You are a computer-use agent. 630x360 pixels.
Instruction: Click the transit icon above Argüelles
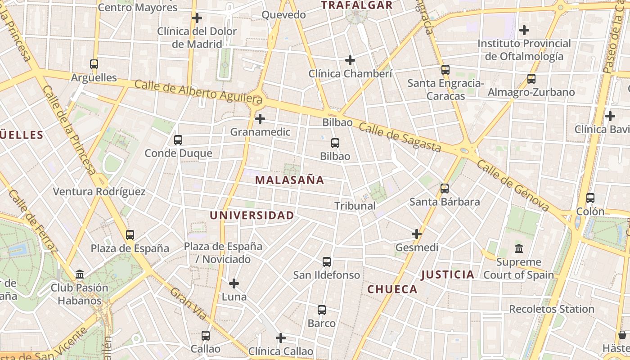(x=94, y=64)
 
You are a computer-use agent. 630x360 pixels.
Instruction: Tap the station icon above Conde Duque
(x=178, y=140)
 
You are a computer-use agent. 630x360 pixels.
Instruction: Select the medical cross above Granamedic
(x=260, y=119)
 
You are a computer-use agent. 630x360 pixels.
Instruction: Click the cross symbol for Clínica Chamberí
(x=350, y=60)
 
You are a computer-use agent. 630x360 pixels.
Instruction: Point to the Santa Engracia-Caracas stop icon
(x=445, y=70)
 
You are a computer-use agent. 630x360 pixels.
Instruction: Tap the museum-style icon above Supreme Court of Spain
(x=519, y=248)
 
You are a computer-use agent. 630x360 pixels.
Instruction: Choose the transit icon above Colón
(x=590, y=198)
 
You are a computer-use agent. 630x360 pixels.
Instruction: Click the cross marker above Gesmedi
(x=417, y=234)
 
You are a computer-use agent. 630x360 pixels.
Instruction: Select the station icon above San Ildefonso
(x=327, y=261)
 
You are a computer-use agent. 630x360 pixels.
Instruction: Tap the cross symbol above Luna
(x=234, y=283)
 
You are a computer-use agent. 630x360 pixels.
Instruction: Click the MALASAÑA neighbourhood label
(x=289, y=180)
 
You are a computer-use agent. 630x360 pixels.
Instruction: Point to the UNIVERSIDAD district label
(x=252, y=216)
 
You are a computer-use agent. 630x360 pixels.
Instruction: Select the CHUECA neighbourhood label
(x=392, y=289)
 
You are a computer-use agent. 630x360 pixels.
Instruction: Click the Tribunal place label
(x=355, y=206)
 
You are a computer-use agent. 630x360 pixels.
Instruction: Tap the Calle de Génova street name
(x=513, y=185)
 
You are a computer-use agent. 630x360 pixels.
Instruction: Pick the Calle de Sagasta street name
(x=400, y=137)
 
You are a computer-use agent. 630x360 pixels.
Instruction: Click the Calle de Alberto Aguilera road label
(x=198, y=91)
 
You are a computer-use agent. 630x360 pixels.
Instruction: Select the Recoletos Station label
(x=552, y=309)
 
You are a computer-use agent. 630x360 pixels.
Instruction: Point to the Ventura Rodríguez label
(x=99, y=192)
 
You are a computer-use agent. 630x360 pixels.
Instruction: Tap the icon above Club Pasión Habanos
(x=80, y=274)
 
